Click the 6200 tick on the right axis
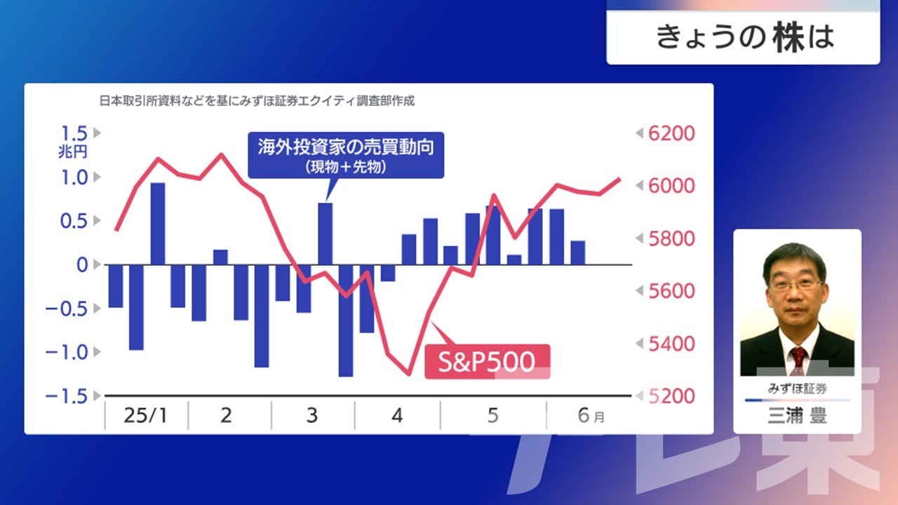point(671,133)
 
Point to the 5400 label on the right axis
point(671,344)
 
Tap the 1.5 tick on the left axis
point(74,133)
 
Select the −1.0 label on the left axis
point(67,352)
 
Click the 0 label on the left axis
point(82,265)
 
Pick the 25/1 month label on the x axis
point(145,415)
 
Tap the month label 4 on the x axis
point(397,416)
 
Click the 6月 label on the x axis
point(591,415)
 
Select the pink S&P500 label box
point(487,361)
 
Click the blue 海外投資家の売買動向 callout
point(346,155)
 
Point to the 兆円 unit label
point(72,152)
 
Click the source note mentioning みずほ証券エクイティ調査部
point(257,101)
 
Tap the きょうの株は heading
point(745,38)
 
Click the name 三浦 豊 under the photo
point(797,416)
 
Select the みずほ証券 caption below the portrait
point(797,389)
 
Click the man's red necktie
point(798,360)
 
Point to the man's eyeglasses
point(796,285)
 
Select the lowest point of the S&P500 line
point(409,375)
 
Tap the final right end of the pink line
point(619,179)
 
